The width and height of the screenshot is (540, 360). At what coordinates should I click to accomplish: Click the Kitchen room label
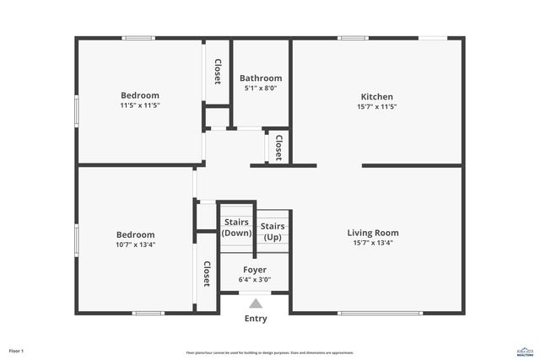(377, 97)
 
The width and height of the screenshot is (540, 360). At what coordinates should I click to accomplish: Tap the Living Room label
(373, 233)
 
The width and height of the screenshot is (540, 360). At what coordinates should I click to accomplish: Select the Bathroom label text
(261, 78)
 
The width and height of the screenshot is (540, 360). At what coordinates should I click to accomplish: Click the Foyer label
(255, 270)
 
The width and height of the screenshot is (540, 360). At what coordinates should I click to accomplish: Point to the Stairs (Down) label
(236, 227)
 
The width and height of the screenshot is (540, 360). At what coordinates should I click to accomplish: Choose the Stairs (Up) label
(272, 231)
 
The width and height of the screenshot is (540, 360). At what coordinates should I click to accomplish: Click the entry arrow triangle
(256, 302)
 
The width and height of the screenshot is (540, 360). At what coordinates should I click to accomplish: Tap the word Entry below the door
(256, 319)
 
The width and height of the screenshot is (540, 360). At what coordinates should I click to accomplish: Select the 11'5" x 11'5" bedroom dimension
(139, 106)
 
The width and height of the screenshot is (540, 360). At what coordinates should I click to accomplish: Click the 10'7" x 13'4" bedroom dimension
(135, 244)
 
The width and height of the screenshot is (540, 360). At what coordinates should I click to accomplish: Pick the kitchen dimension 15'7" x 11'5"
(377, 107)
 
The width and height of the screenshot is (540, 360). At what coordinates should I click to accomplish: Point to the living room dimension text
(373, 243)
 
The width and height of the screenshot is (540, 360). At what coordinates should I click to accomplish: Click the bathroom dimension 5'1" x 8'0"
(261, 88)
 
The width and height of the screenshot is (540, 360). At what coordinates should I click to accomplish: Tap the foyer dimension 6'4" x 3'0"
(255, 280)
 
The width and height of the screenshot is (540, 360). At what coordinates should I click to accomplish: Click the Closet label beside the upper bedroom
(218, 71)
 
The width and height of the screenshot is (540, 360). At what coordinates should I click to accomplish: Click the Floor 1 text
(17, 351)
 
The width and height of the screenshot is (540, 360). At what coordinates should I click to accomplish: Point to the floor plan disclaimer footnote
(270, 352)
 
